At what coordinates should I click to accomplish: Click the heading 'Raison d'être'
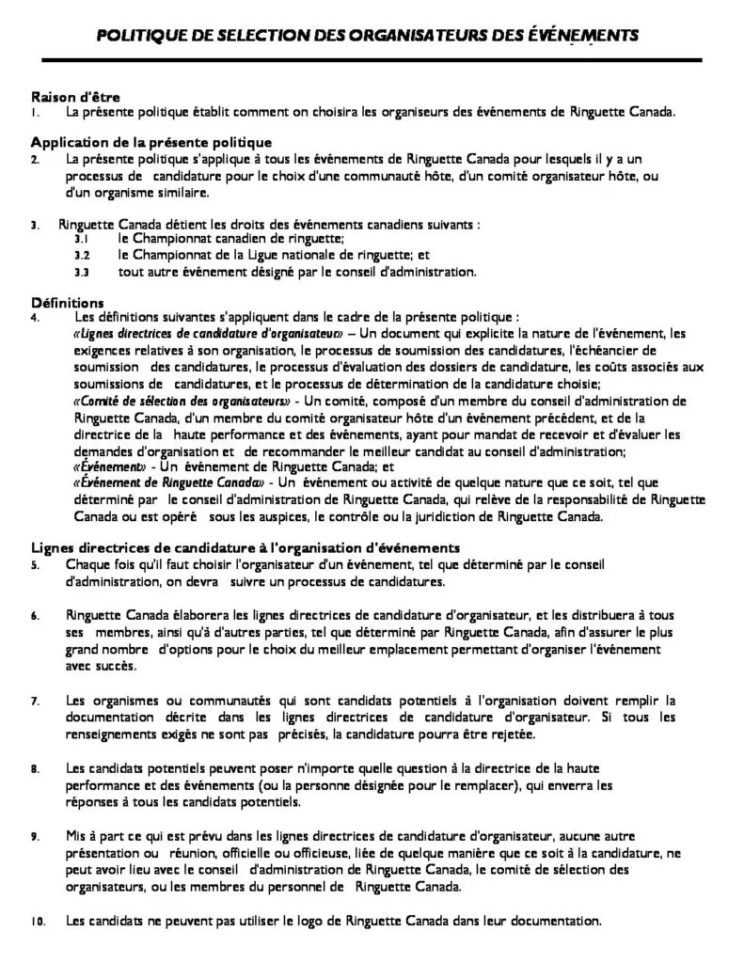click(x=75, y=97)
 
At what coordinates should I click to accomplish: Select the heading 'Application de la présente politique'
click(x=137, y=143)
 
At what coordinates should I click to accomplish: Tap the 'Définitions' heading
click(x=67, y=303)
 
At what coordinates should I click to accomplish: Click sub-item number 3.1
click(x=82, y=240)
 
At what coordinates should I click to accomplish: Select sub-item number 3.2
click(x=82, y=256)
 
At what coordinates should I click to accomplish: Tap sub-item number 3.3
click(x=82, y=273)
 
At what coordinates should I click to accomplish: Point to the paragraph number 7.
click(x=35, y=701)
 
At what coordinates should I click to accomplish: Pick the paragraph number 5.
click(x=35, y=564)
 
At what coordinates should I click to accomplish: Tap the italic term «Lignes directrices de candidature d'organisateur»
click(x=206, y=333)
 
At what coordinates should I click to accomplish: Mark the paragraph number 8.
click(x=35, y=768)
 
